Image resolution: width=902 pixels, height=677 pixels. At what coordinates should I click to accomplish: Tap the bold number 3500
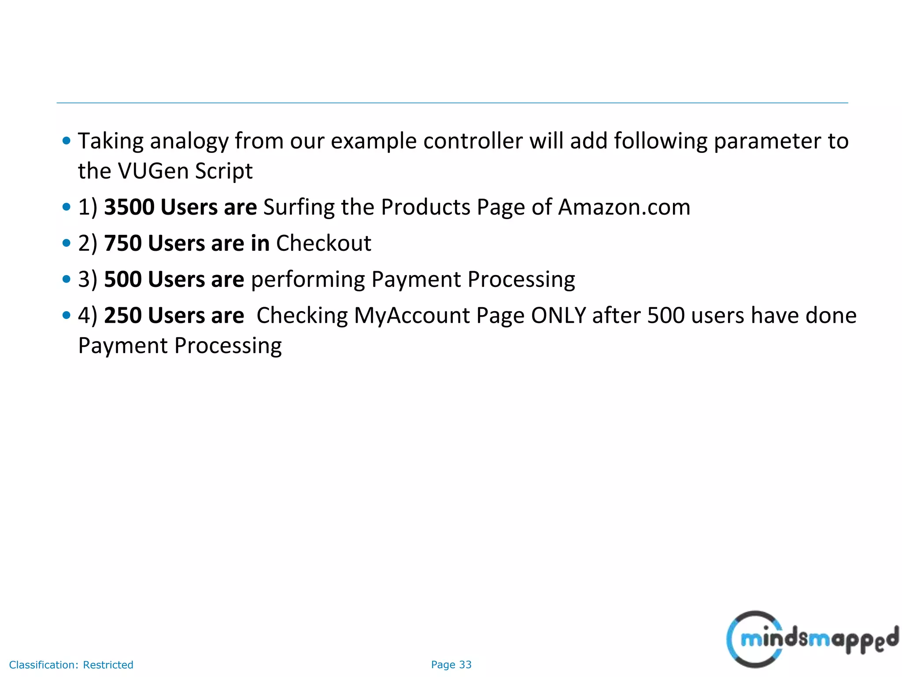point(129,207)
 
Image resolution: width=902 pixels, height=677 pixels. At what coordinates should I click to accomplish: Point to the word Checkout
point(323,243)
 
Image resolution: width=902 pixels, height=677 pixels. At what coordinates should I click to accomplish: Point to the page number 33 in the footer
point(465,665)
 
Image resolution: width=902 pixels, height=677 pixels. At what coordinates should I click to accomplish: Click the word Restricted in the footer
point(108,665)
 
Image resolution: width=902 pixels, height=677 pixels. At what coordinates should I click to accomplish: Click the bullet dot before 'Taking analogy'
point(67,141)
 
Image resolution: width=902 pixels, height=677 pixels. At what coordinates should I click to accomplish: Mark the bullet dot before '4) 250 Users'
point(67,316)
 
